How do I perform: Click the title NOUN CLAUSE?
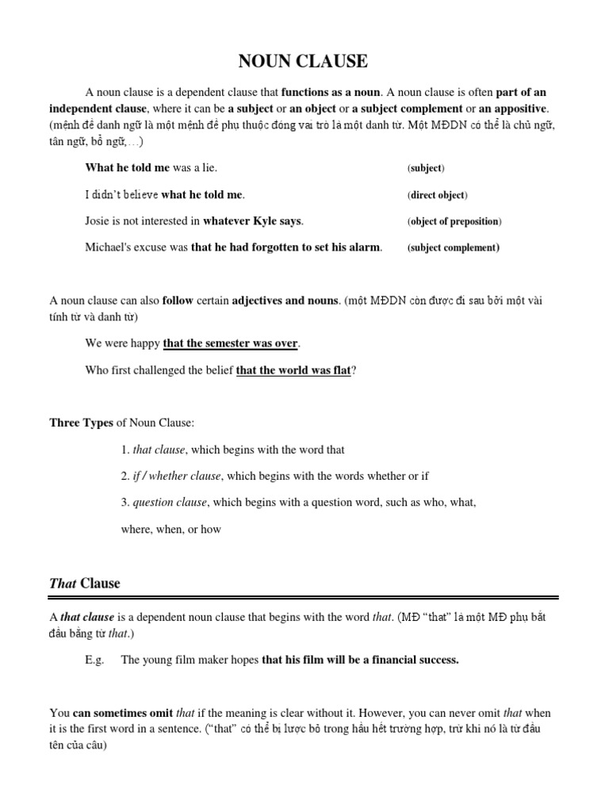[x=304, y=61]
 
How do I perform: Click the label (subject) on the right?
[x=426, y=169]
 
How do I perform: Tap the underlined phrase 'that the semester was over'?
[x=231, y=343]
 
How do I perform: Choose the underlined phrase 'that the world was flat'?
[x=293, y=370]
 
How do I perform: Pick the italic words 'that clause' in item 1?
[x=158, y=450]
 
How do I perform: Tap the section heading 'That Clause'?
[x=85, y=584]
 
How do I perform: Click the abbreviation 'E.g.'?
[x=95, y=660]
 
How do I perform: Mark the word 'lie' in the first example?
[x=207, y=168]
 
